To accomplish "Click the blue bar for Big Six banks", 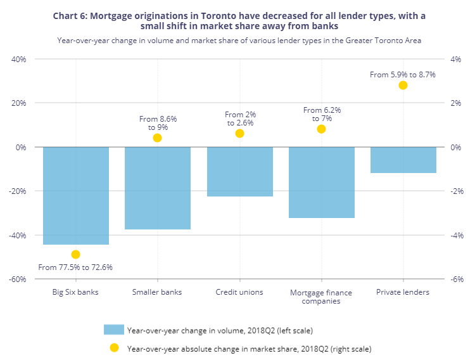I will click(75, 195).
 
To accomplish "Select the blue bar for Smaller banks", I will click(157, 188).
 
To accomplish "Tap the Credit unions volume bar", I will click(239, 171).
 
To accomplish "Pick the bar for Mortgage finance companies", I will click(321, 182).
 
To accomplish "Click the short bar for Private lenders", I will click(403, 160).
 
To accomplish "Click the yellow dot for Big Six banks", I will click(75, 254).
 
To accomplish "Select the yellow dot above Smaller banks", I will click(157, 138).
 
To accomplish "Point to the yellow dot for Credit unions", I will click(239, 133).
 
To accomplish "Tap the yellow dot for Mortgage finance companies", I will click(321, 129).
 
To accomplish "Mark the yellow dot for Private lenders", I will click(403, 85).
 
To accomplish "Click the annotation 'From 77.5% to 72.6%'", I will click(75, 267).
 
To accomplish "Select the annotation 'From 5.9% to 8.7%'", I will click(402, 74).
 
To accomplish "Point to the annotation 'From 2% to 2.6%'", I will click(240, 119).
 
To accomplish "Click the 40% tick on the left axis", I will click(18, 59).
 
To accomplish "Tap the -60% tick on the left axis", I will click(16, 279).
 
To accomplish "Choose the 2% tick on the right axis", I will click(455, 103).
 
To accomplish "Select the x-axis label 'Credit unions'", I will click(239, 292).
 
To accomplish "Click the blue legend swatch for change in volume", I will click(113, 330).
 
